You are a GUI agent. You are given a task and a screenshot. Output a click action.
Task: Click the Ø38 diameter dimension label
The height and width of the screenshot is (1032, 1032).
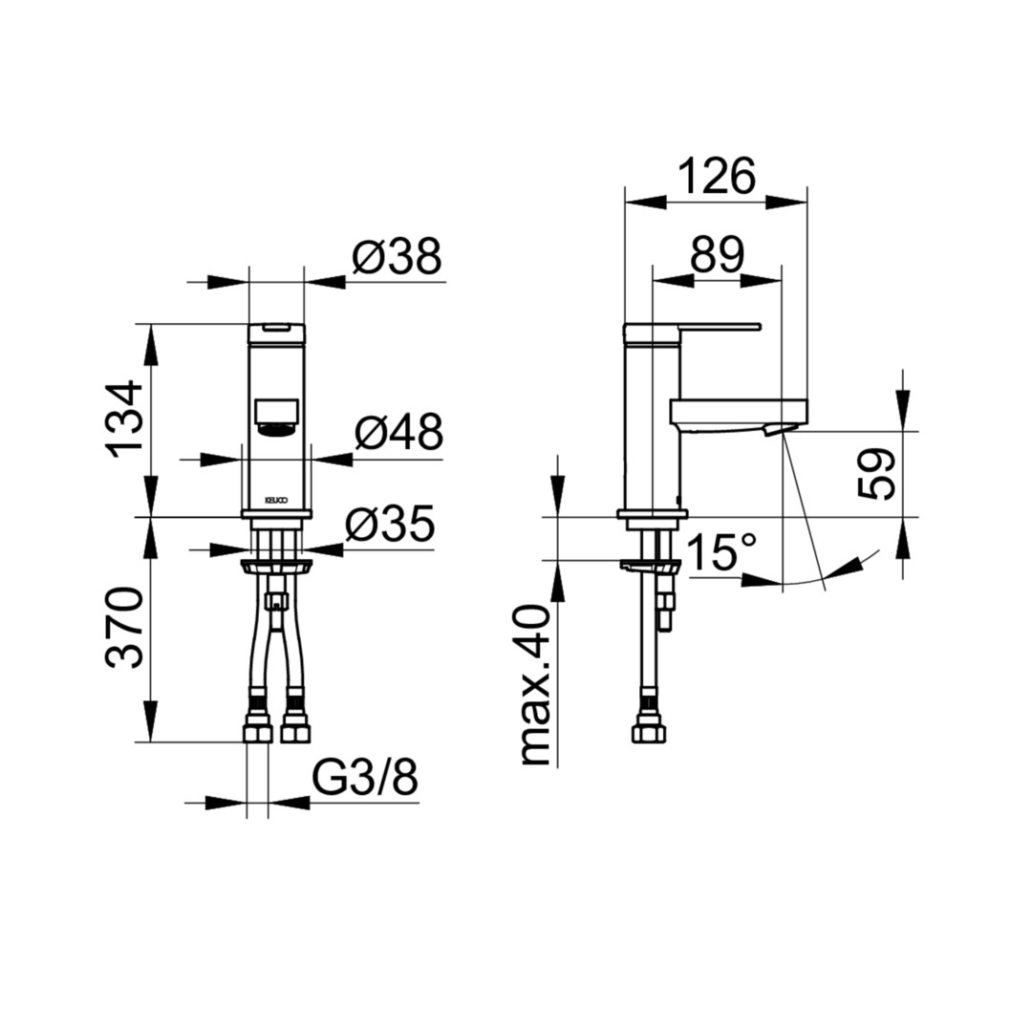tap(397, 257)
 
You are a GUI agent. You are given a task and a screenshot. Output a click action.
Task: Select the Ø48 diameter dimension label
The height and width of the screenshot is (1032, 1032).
tap(398, 433)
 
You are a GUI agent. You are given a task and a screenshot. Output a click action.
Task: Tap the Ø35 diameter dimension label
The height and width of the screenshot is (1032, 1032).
tap(390, 525)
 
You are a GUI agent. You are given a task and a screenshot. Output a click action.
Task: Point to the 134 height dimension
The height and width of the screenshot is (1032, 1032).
tap(124, 419)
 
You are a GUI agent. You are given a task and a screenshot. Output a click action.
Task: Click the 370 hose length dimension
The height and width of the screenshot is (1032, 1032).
tap(124, 627)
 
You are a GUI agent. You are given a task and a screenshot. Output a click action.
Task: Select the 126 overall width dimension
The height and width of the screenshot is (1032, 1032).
tap(716, 176)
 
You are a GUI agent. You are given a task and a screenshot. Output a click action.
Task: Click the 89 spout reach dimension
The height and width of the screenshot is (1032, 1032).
tap(718, 254)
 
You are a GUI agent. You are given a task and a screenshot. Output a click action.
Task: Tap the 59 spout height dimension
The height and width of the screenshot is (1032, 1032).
tap(877, 475)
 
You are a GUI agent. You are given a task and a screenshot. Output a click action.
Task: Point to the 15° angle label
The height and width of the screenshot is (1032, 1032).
tap(721, 551)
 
